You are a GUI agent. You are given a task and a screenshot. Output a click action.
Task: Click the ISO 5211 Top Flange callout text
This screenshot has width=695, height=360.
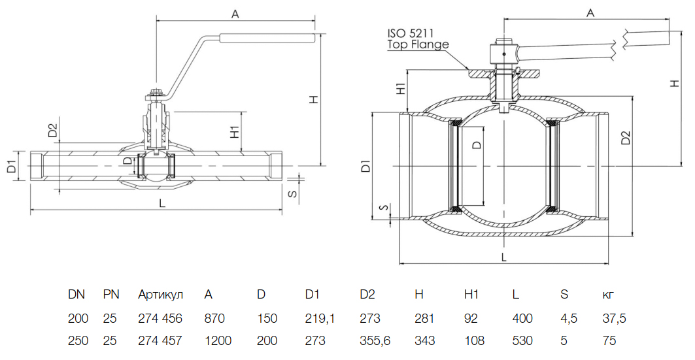click(x=418, y=39)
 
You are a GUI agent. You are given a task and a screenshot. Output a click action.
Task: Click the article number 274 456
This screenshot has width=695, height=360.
click(x=160, y=319)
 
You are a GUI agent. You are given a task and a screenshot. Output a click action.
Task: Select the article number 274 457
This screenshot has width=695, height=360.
click(x=160, y=340)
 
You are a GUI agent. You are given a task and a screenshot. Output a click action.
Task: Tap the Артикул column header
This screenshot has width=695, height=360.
click(x=160, y=295)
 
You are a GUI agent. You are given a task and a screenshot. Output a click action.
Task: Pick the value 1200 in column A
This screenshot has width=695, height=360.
click(x=218, y=340)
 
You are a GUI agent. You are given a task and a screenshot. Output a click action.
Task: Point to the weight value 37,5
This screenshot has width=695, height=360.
click(x=614, y=319)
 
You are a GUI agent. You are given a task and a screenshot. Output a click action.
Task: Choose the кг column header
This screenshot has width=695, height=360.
click(x=607, y=295)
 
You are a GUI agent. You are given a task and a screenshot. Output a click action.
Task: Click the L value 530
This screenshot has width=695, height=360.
click(x=522, y=340)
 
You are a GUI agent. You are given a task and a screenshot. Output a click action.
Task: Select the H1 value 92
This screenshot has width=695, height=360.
click(x=471, y=319)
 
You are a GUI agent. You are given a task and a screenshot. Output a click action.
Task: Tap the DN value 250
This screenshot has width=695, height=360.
click(x=78, y=340)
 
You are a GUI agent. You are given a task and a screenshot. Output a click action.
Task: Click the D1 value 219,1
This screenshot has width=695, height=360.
click(x=320, y=319)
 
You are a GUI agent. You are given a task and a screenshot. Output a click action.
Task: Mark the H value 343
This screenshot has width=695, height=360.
click(x=424, y=340)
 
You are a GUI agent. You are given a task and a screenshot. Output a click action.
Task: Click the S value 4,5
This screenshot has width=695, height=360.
click(x=568, y=319)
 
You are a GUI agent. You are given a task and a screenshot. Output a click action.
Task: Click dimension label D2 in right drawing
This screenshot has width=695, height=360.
click(x=625, y=138)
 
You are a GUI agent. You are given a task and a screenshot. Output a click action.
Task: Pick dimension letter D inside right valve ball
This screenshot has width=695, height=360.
click(x=476, y=144)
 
